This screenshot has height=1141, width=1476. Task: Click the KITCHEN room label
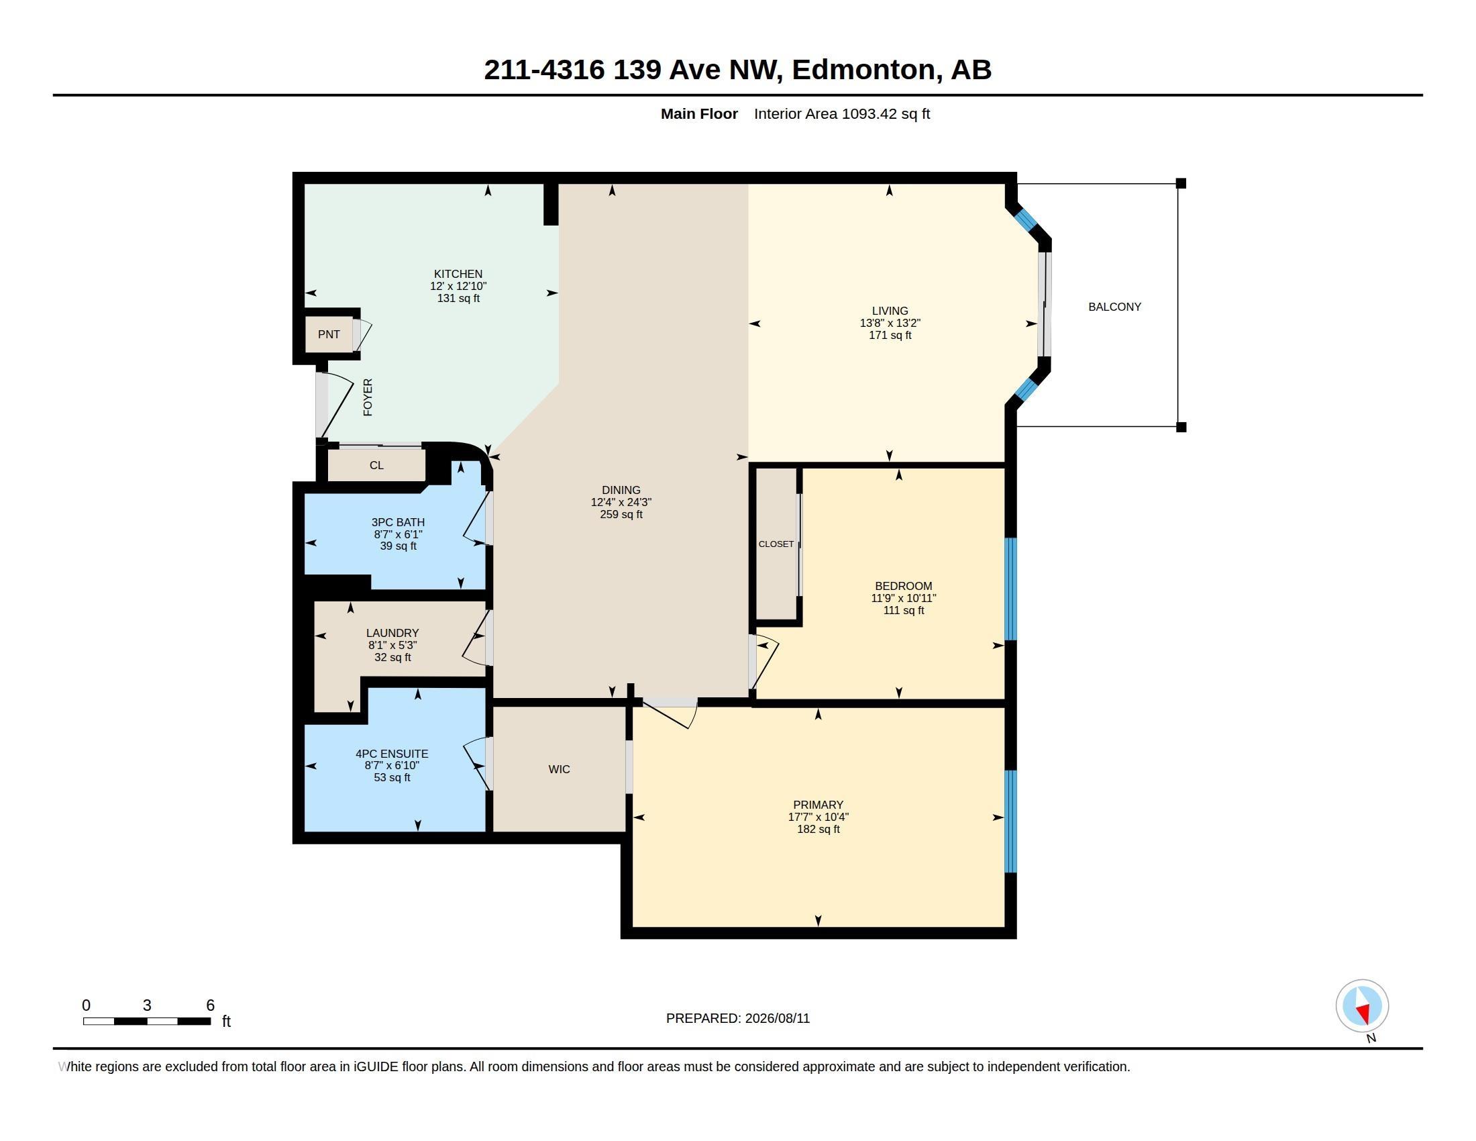[458, 274]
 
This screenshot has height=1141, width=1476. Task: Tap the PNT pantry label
[329, 335]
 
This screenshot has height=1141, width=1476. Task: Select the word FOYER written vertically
[368, 397]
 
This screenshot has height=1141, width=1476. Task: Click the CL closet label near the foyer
[376, 466]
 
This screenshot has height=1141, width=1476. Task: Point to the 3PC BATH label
[398, 522]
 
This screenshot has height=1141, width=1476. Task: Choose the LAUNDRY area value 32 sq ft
[392, 658]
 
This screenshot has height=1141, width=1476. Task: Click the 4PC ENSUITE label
[392, 754]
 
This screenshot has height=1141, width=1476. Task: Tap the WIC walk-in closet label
[560, 769]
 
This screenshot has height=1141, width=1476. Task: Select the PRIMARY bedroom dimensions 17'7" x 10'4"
[819, 817]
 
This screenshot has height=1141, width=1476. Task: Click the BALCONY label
[1114, 307]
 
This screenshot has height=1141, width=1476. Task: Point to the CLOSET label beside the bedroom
[776, 544]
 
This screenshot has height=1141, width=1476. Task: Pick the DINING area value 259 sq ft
[621, 514]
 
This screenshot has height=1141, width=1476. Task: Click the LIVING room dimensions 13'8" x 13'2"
[890, 323]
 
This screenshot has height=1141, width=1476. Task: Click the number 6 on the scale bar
[210, 1005]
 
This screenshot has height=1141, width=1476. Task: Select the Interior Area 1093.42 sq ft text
[842, 114]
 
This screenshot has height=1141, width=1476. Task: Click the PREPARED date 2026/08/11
[777, 1019]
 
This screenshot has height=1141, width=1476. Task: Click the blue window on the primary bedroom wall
[1011, 822]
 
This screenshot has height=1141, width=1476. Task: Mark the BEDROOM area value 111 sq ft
[904, 610]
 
